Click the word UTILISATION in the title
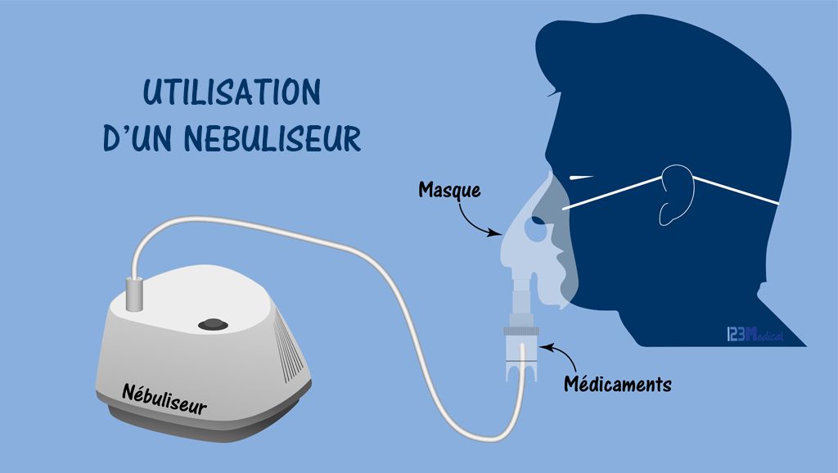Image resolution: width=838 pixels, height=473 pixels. point(232,92)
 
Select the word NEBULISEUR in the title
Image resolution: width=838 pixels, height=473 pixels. point(273,138)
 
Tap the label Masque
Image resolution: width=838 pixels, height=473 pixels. point(449,191)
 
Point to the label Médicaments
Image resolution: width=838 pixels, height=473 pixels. point(618,384)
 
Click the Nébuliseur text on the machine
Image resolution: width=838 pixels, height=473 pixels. point(164,399)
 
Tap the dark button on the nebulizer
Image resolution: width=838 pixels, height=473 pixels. point(214,324)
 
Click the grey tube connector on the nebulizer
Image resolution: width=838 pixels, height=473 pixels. point(134,294)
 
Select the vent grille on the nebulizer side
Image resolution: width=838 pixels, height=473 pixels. point(290,345)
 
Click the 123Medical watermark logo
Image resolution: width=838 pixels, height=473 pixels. point(755,335)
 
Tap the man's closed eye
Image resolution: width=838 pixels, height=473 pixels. point(582,178)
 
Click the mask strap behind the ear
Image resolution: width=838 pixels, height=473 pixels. point(736,190)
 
